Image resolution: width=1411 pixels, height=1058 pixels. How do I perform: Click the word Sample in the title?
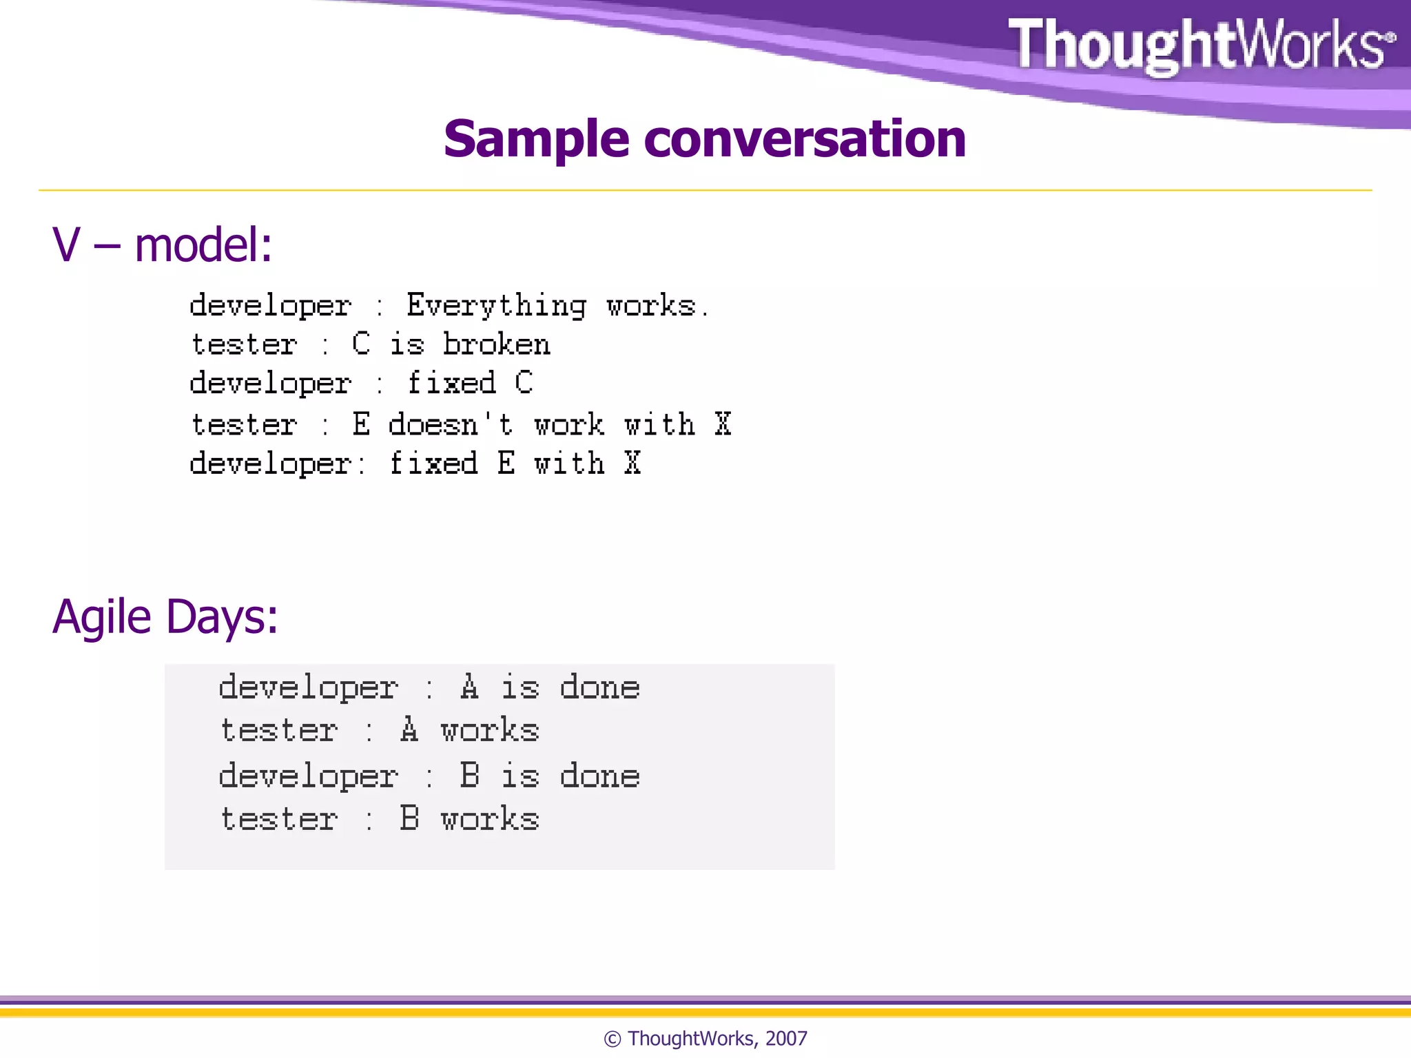[536, 140]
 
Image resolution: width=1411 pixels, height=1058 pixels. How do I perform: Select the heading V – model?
[163, 245]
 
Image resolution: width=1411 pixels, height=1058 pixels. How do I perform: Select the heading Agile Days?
[165, 616]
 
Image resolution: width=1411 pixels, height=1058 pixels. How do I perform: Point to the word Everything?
[496, 306]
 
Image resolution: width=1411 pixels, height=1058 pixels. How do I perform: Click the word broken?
[496, 344]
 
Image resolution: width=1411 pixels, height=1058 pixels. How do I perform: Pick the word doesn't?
[451, 424]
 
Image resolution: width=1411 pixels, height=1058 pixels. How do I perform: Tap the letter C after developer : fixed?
[524, 383]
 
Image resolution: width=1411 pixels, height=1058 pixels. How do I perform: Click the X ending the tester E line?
[722, 424]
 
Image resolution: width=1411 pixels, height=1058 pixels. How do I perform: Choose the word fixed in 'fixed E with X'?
[433, 464]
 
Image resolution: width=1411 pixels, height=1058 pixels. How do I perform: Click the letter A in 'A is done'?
[469, 687]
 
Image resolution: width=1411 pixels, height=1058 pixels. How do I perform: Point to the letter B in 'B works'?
[409, 819]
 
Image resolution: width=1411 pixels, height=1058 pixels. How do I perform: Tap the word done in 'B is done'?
[599, 776]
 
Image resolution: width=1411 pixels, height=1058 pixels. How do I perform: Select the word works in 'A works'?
[489, 731]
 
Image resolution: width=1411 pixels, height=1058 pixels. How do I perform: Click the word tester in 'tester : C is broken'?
[244, 344]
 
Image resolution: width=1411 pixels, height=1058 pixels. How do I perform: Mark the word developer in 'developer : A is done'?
[308, 687]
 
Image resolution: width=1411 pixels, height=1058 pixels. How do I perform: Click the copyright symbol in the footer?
[612, 1039]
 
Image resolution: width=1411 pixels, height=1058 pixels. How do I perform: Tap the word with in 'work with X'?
[659, 424]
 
